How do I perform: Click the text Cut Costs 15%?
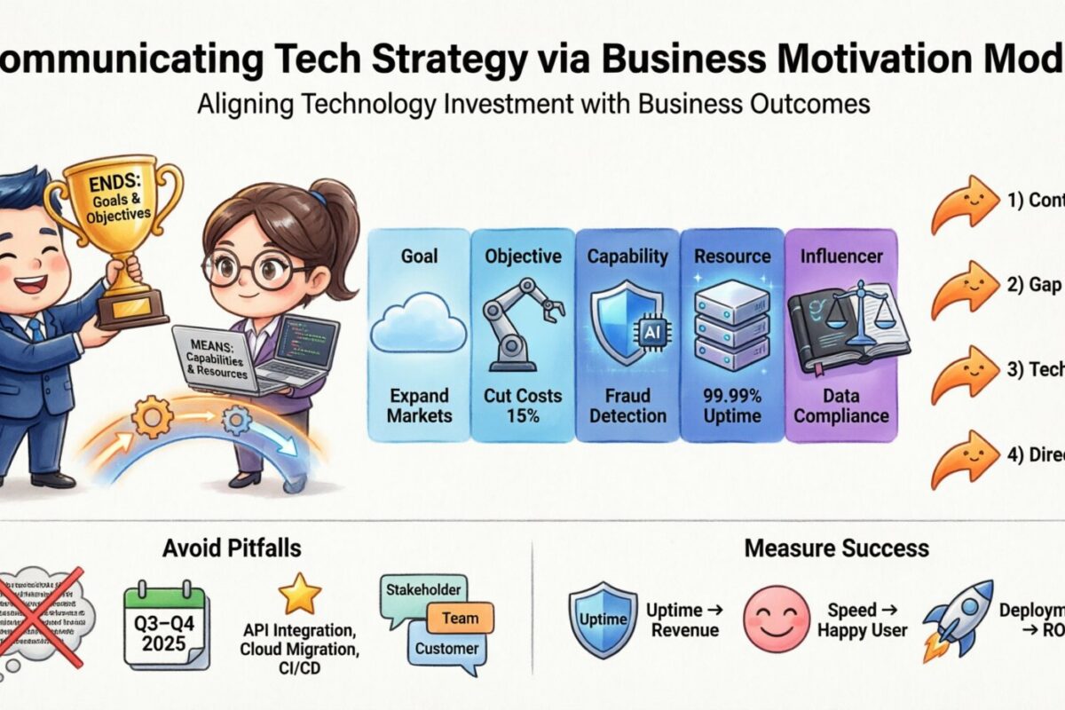tap(523, 405)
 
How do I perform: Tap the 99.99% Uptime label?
tap(731, 405)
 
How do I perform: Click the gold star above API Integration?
tap(299, 594)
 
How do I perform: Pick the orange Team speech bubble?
tap(459, 619)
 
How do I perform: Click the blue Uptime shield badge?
tap(601, 618)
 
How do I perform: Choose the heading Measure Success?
tap(836, 548)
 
